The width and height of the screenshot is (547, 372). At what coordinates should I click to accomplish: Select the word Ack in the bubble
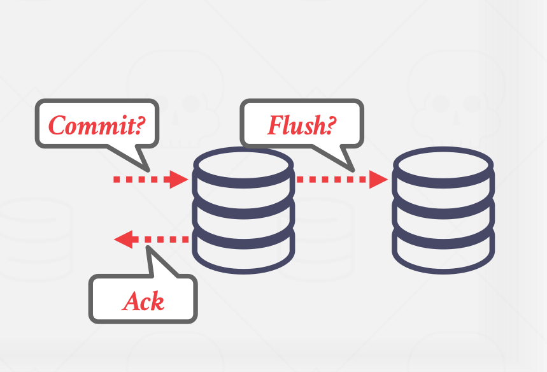(x=143, y=300)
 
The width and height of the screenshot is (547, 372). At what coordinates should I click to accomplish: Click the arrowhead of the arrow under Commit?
(x=179, y=179)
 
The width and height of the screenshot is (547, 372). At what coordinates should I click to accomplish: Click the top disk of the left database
(x=243, y=164)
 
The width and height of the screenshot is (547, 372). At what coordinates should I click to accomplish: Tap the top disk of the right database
(x=443, y=164)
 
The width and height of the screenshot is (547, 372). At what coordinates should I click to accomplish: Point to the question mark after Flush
(x=330, y=125)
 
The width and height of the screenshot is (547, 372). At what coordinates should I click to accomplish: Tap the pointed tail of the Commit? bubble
(x=143, y=166)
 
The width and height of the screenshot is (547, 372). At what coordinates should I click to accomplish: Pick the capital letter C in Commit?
(x=58, y=125)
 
